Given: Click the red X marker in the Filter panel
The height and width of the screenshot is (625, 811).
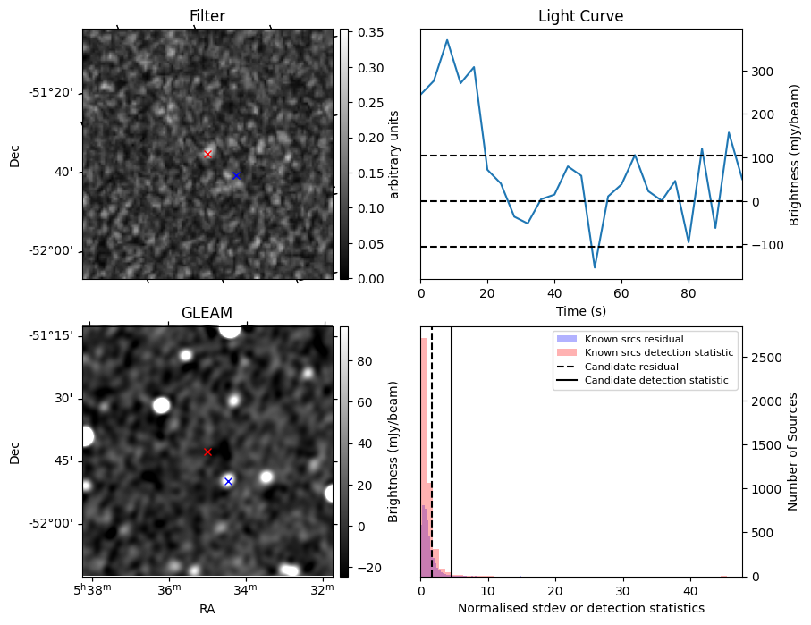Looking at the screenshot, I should pos(207,154).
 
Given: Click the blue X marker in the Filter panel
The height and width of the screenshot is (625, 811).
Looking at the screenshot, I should pos(236,175).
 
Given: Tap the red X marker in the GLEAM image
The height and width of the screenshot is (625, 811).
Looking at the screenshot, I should pos(207,452).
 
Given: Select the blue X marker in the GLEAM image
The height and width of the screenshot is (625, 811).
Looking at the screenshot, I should pos(228,481).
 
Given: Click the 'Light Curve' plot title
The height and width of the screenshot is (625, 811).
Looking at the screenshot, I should pos(580,16).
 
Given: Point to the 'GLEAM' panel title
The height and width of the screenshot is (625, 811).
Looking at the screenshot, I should pos(207,313).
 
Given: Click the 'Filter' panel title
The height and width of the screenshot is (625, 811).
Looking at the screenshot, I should pos(207,16).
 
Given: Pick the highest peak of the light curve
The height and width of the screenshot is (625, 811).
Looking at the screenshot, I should pos(447,40).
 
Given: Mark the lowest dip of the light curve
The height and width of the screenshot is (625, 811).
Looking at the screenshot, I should pos(595,267).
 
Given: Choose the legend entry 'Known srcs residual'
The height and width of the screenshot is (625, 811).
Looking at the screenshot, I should pos(633,339).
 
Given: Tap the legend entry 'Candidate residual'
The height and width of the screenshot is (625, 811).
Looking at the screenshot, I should pos(630,367).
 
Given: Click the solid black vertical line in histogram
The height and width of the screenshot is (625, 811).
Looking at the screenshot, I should pos(452,447).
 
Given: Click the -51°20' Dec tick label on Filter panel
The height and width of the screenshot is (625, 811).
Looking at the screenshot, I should pos(51,93).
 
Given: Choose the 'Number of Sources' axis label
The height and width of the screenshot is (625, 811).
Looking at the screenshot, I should pos(792,452).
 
